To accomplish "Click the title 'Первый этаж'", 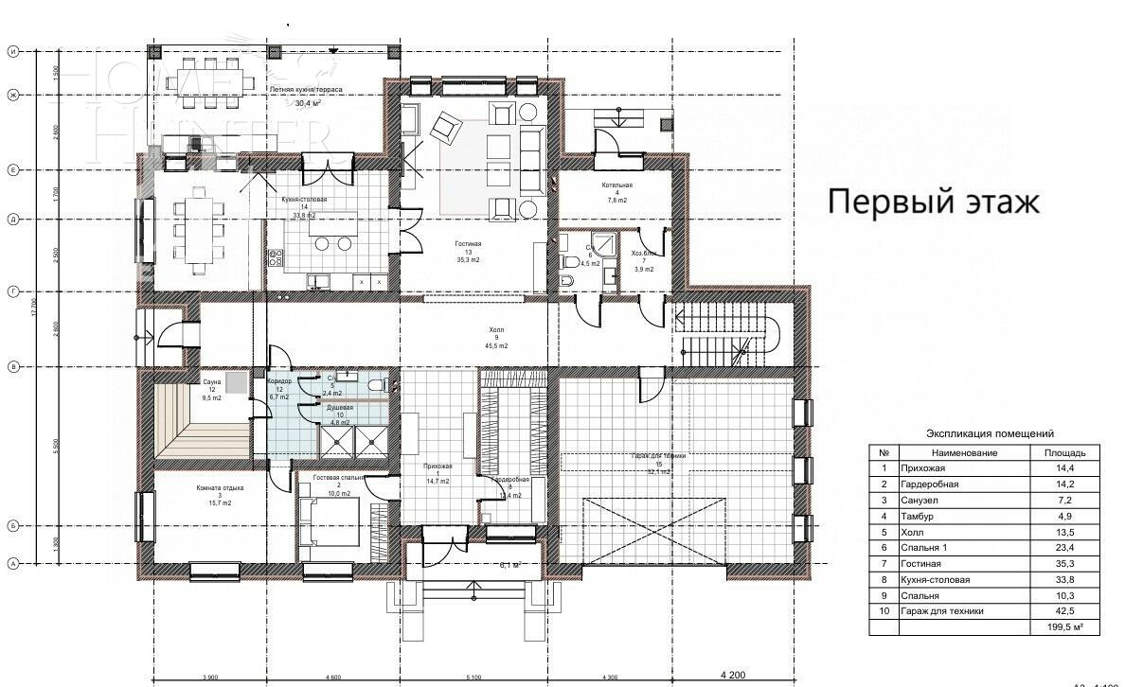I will (x=934, y=202).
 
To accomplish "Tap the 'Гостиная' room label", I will (x=467, y=244).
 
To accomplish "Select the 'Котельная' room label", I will (x=616, y=186).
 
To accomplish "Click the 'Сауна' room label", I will (x=211, y=382).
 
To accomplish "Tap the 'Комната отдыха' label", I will (x=220, y=488).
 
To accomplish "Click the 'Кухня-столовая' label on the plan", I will (x=304, y=201).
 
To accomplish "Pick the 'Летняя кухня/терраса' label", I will (x=305, y=90).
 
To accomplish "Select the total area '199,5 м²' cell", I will (x=1059, y=626).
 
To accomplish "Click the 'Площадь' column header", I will (x=1059, y=453).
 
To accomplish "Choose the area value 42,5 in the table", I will (x=1059, y=611).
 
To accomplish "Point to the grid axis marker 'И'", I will (x=13, y=52).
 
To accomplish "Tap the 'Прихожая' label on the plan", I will (x=437, y=467).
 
